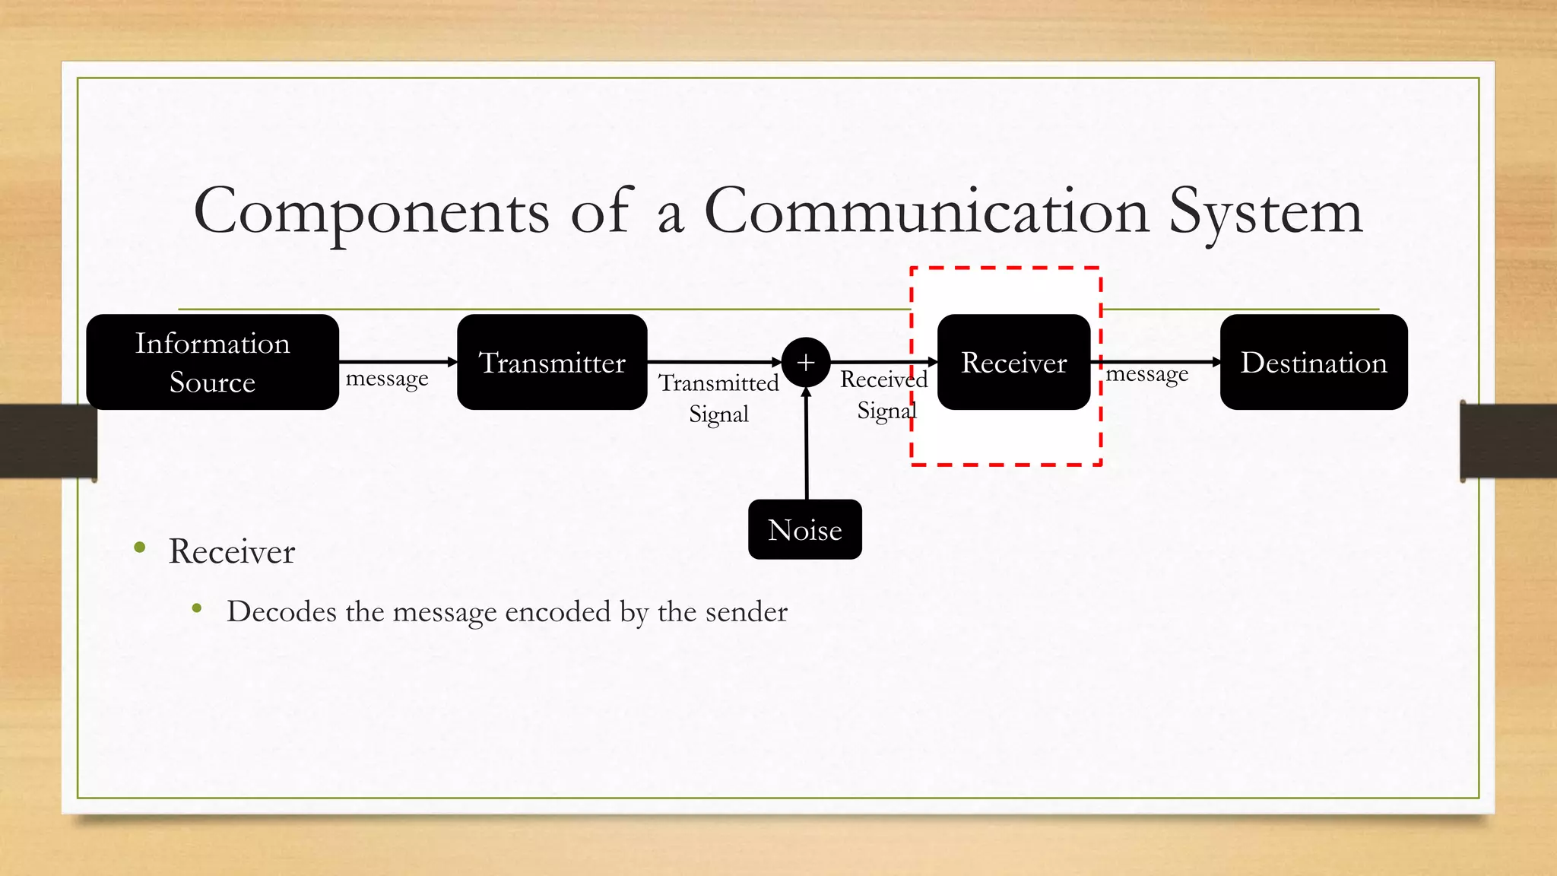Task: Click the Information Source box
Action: [212, 362]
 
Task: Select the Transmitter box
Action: [552, 362]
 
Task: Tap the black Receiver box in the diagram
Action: [1013, 362]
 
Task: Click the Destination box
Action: [1314, 362]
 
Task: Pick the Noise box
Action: [804, 529]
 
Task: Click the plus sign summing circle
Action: [805, 362]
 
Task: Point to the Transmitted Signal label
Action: [718, 398]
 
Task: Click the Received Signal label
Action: [884, 395]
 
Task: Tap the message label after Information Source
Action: [387, 378]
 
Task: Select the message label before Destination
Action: [1146, 374]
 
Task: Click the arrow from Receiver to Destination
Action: [1156, 362]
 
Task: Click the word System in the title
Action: [1265, 213]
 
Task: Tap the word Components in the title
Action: [371, 213]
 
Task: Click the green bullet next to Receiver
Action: [139, 547]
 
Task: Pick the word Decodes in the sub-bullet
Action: [281, 611]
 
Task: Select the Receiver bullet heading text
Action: [231, 551]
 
